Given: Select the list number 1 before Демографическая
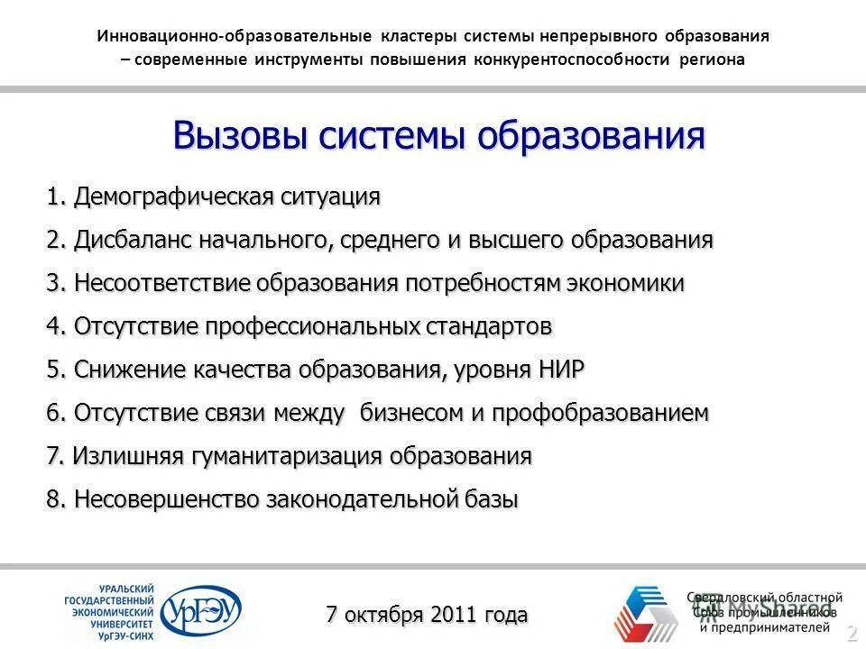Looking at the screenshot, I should pos(53,197).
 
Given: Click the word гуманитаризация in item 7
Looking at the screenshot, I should pos(287,456).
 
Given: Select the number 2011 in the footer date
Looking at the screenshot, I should pos(455,615).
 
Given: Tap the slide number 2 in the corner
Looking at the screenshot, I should pos(851,635).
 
